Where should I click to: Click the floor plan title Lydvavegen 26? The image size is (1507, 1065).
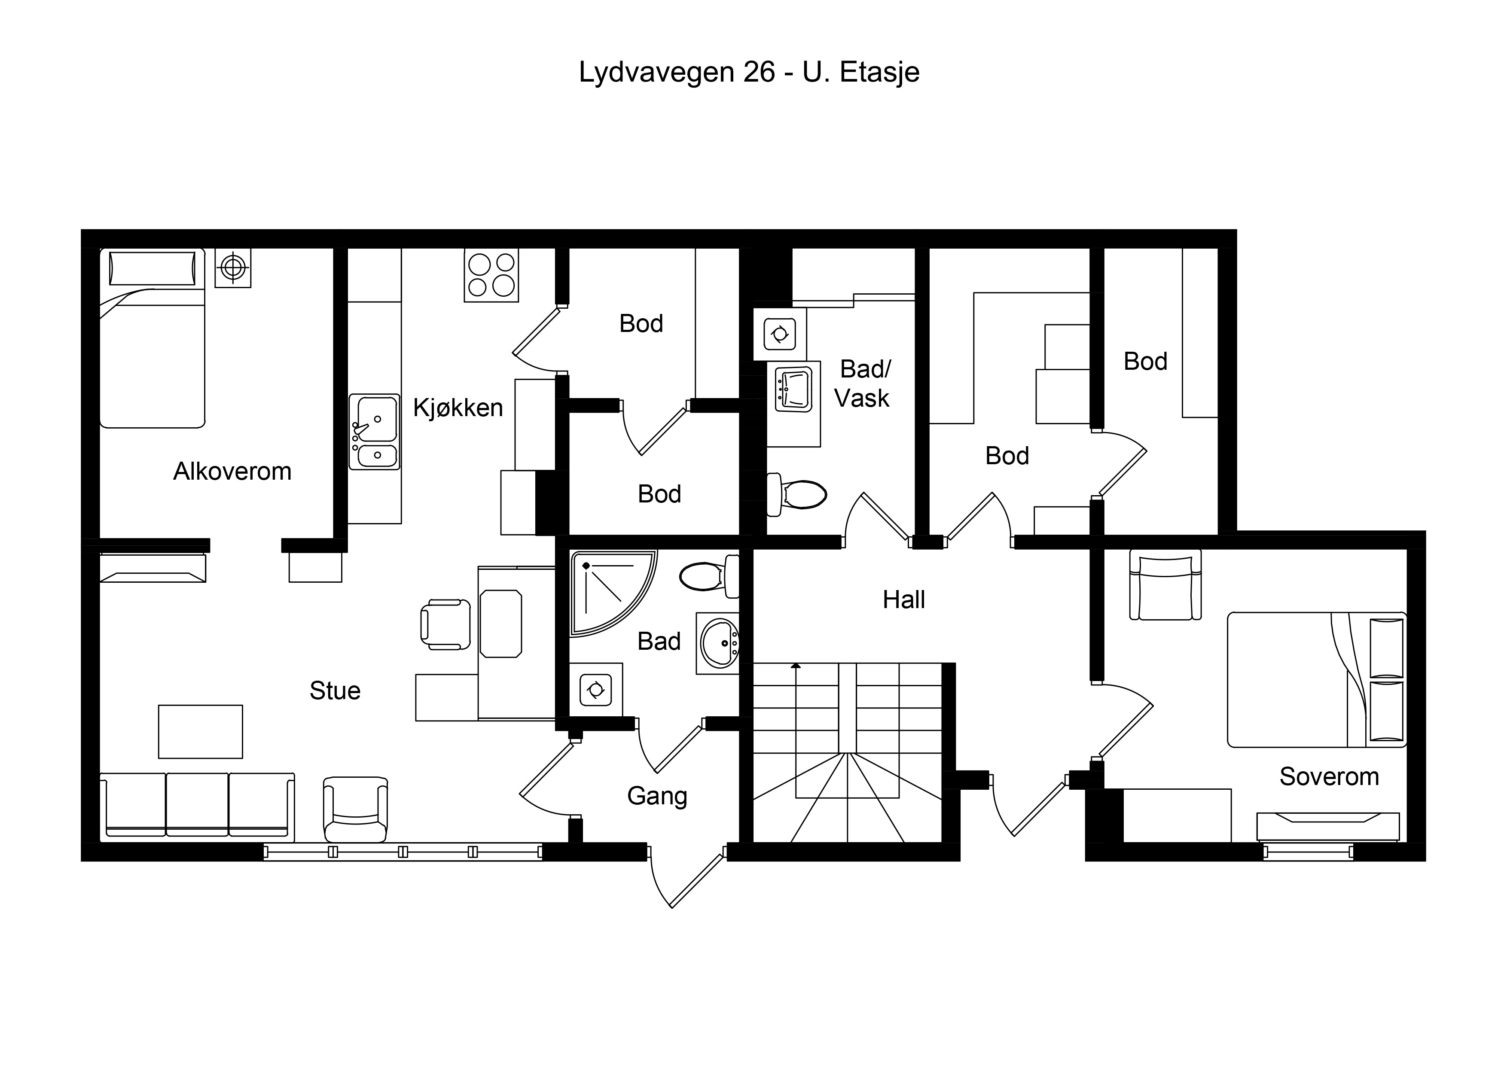point(677,72)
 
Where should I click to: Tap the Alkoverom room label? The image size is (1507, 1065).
point(232,471)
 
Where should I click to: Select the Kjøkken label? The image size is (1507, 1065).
point(458,408)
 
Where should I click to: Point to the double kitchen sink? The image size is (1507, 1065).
point(374,432)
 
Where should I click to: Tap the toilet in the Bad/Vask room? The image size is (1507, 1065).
point(796,494)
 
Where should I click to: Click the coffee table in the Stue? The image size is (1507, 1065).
point(200,732)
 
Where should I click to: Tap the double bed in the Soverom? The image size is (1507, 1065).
point(1317,680)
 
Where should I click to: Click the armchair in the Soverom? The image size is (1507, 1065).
point(1165,584)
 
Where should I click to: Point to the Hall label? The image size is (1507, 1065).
point(904,600)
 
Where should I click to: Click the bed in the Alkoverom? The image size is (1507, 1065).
point(152,338)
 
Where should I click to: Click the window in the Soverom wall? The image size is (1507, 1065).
point(1308,852)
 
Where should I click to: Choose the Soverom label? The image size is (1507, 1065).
point(1329,777)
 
